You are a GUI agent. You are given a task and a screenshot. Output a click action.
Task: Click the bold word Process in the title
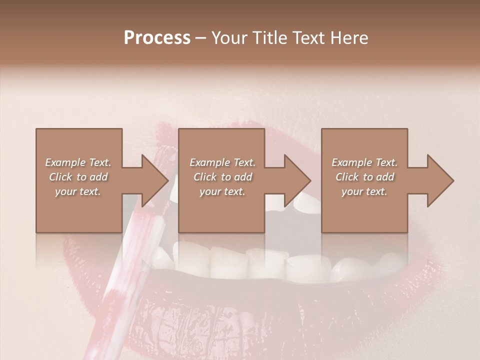click(157, 38)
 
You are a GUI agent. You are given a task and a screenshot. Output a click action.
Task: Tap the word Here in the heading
click(349, 38)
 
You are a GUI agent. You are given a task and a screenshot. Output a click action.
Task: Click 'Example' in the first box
click(66, 162)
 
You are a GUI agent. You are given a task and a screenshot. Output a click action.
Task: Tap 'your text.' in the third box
click(364, 191)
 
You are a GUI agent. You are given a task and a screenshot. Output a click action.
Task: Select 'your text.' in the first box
click(78, 191)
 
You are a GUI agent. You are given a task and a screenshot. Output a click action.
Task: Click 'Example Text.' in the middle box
click(222, 162)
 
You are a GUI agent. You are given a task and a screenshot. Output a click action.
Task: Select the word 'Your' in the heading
click(229, 38)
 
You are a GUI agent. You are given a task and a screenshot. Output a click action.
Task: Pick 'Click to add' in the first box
click(78, 177)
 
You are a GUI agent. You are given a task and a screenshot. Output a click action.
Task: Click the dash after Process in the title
click(200, 38)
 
